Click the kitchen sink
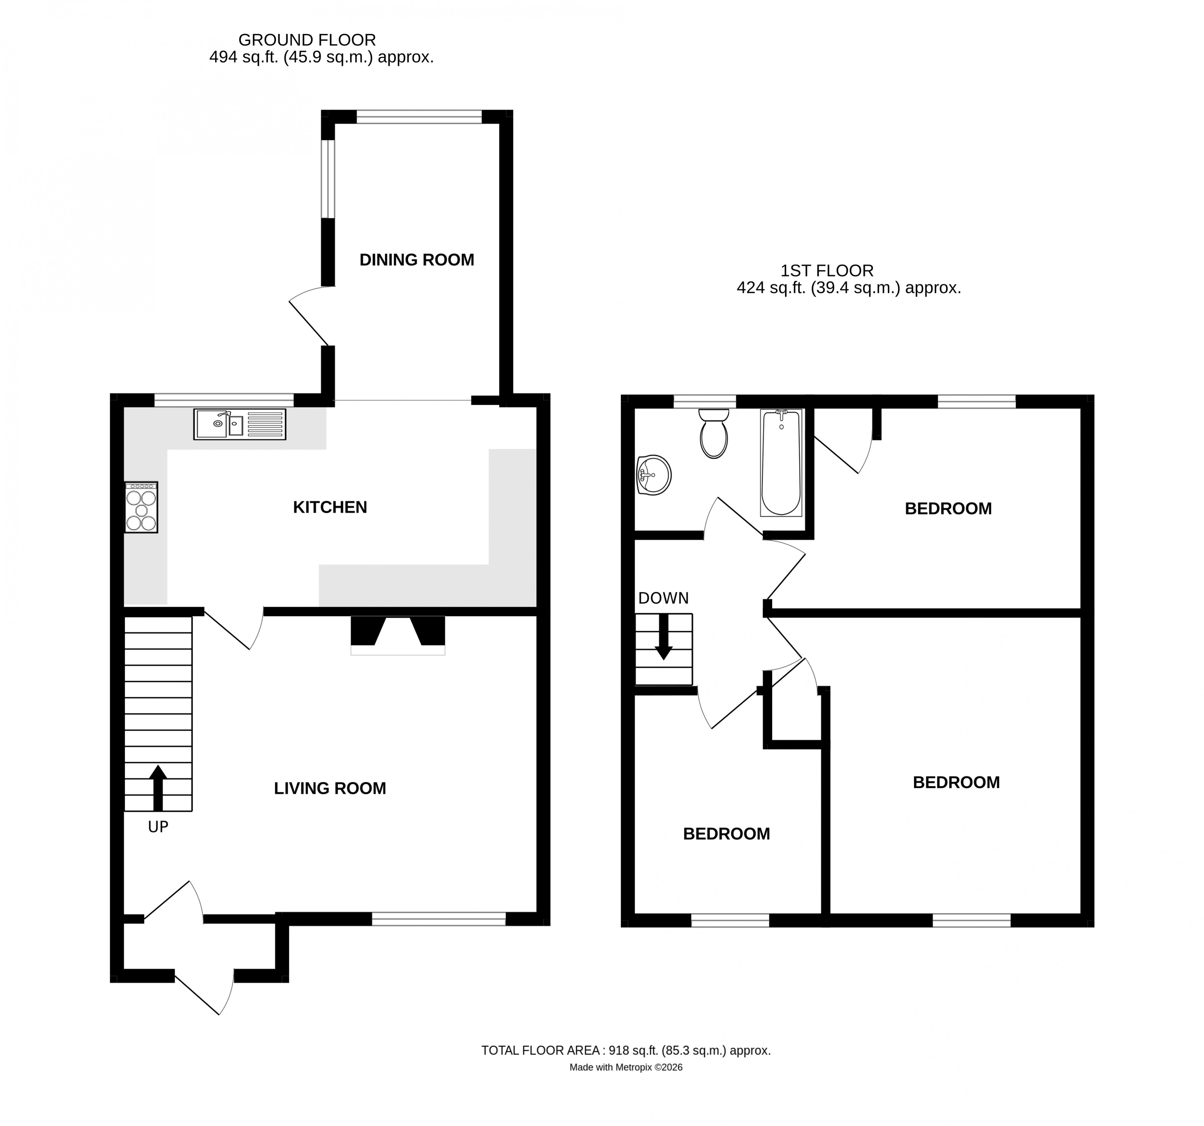tap(239, 424)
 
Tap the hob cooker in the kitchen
tap(141, 507)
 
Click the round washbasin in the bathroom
tap(654, 475)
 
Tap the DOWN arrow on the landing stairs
tap(664, 638)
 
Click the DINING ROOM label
tap(417, 260)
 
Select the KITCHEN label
tap(330, 507)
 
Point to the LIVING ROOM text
tap(330, 788)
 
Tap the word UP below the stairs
tap(158, 827)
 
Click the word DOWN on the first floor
tap(664, 598)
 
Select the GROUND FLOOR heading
tap(307, 40)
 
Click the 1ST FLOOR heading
tap(827, 270)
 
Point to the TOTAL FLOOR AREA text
tap(626, 1050)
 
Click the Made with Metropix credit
tap(626, 1067)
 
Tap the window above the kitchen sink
tap(224, 400)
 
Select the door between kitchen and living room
tap(233, 630)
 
